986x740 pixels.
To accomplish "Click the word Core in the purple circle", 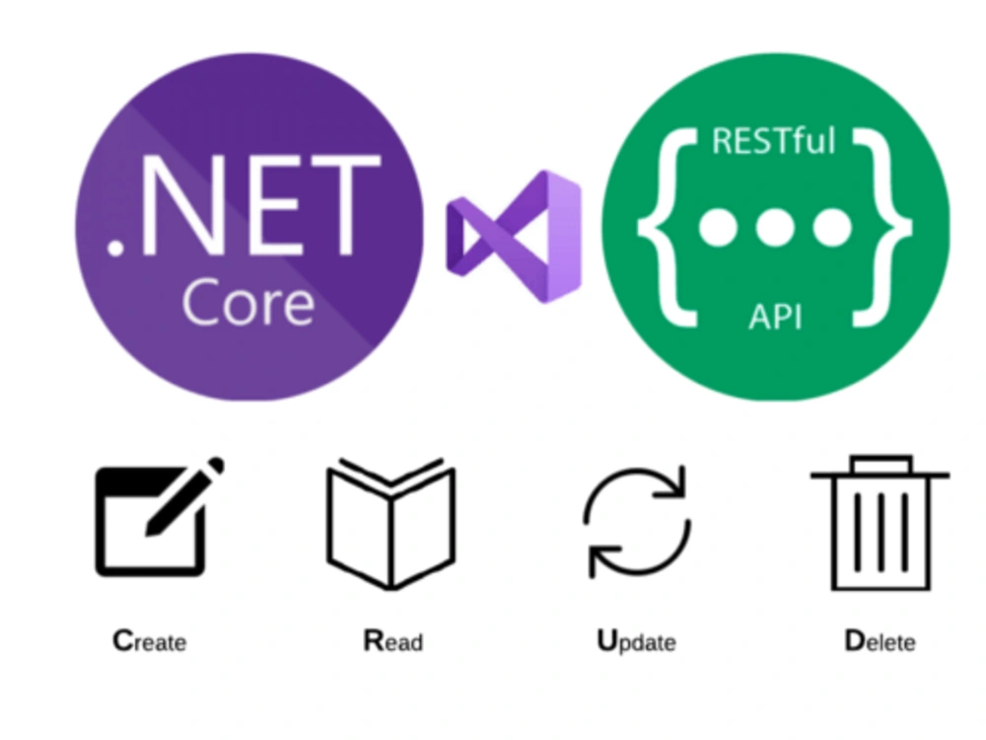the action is [248, 303].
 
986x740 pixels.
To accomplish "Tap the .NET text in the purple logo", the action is [244, 206].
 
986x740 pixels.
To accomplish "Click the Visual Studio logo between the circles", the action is [514, 236].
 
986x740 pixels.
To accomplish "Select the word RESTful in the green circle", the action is [773, 141].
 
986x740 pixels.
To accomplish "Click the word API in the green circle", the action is [775, 317].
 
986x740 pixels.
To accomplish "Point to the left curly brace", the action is [668, 227].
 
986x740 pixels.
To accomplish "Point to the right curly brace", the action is [882, 227].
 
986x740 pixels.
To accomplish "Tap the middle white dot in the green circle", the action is [775, 227].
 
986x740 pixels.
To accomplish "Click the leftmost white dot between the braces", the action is [718, 227].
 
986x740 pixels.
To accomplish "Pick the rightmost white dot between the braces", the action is [832, 227].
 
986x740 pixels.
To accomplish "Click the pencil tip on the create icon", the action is [151, 530].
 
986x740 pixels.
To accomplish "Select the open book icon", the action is [391, 524].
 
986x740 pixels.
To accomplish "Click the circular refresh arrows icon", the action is [637, 522].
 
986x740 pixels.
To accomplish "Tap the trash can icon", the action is [880, 523].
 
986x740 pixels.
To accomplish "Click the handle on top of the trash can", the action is [880, 464].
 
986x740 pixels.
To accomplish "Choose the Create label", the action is [150, 641].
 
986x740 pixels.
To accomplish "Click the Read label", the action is [393, 641].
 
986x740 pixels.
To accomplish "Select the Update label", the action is [636, 642].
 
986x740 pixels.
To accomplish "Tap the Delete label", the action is [880, 641].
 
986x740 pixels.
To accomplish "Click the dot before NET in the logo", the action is [115, 248].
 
